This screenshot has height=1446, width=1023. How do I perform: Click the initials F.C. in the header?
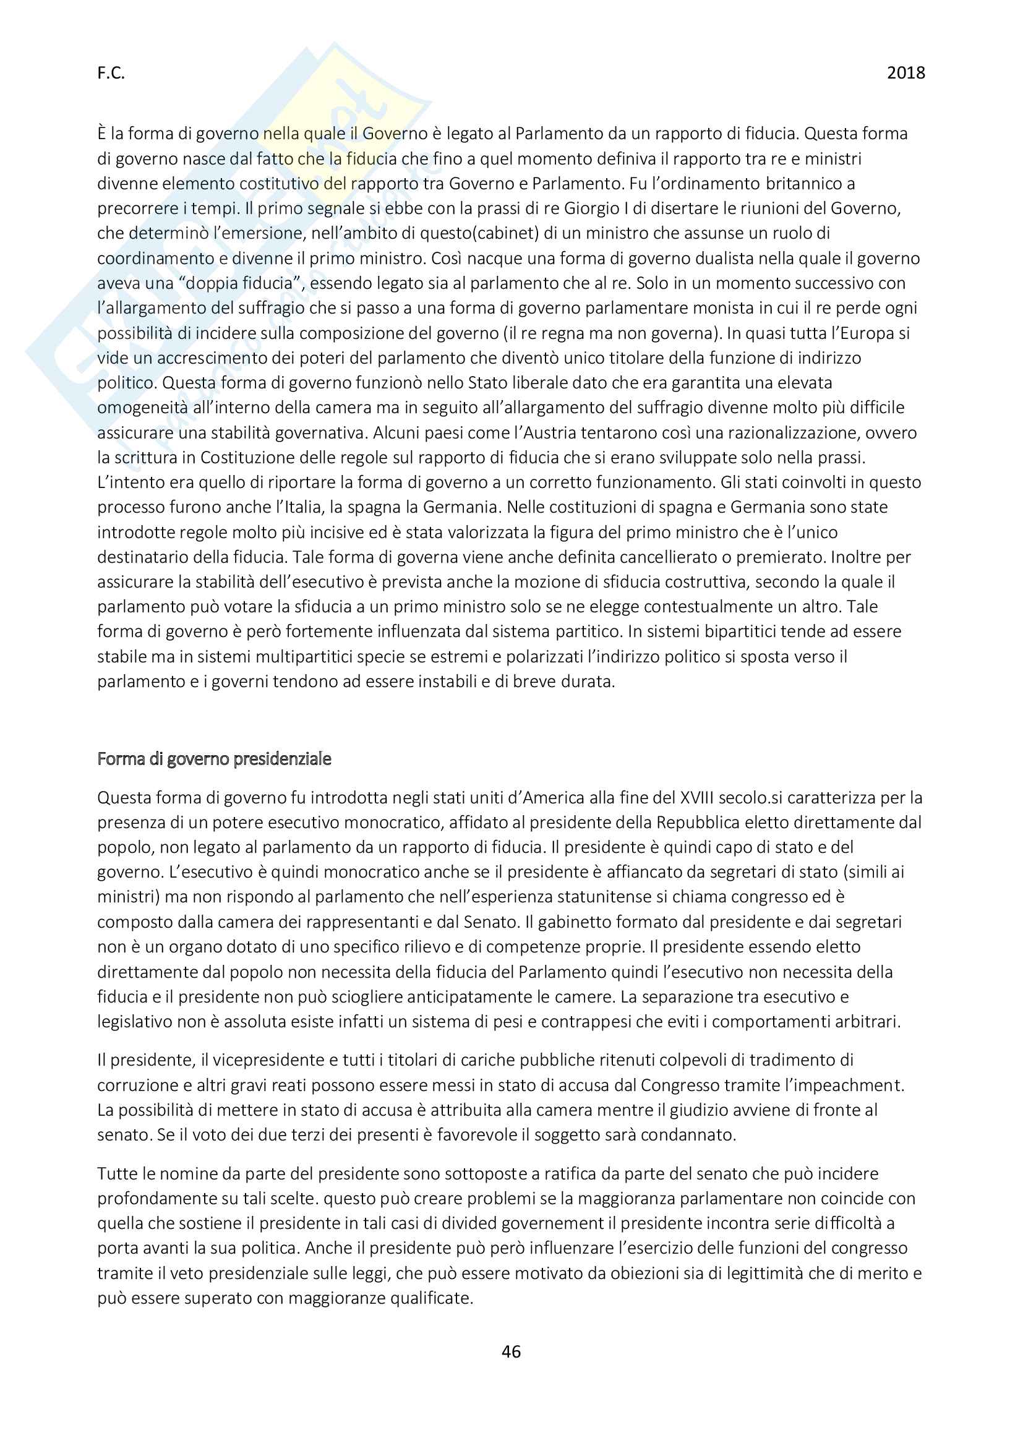click(x=111, y=74)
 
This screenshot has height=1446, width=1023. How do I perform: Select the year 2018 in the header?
click(x=905, y=73)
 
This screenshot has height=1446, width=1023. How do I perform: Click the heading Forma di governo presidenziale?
click(x=214, y=759)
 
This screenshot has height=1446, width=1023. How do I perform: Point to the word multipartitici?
click(x=297, y=657)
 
